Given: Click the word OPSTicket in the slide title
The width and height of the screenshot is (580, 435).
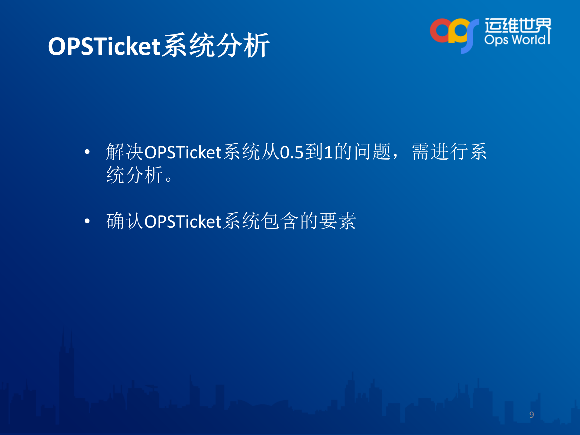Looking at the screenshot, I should [x=104, y=46].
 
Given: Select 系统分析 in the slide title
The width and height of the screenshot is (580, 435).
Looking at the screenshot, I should [x=215, y=45].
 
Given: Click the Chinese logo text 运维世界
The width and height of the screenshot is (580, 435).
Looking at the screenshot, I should [x=518, y=25].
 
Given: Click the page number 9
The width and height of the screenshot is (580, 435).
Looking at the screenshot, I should [x=531, y=414].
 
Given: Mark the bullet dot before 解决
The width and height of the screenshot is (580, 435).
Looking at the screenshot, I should [x=87, y=152].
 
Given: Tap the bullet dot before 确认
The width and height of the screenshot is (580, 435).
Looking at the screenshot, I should [x=87, y=221].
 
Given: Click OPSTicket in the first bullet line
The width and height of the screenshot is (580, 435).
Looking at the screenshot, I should [x=183, y=152].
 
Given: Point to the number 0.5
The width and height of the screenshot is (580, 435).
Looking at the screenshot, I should [x=291, y=152].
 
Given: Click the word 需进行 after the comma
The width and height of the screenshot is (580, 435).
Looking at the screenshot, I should [x=440, y=152].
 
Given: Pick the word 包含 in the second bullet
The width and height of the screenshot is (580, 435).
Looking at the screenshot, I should [x=279, y=221].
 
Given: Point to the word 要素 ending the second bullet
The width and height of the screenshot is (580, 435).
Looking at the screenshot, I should [x=338, y=221].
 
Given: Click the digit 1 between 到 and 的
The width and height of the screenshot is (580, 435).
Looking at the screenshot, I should [x=328, y=152].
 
